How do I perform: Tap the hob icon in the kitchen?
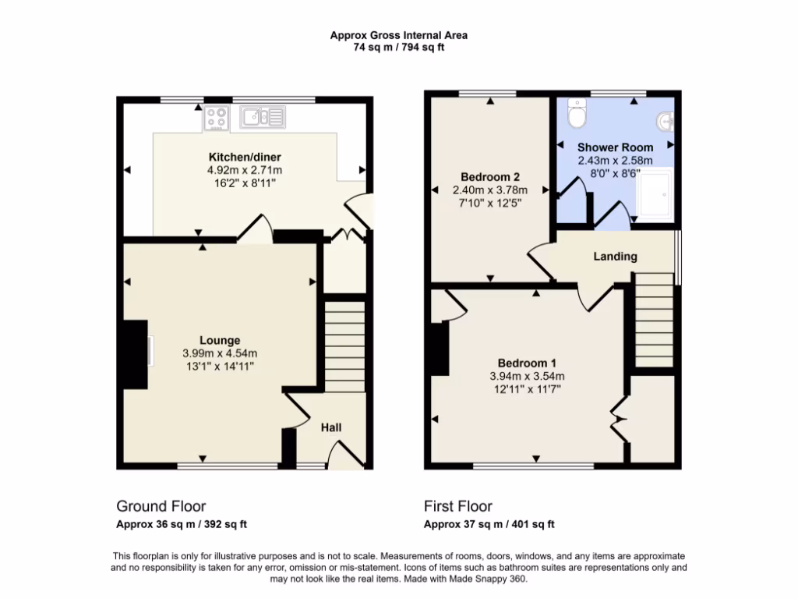click(217, 119)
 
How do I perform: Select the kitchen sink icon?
click(263, 117)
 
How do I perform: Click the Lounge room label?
click(220, 340)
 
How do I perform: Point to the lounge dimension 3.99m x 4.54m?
click(220, 353)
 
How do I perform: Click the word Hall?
click(331, 427)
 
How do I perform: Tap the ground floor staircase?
click(344, 343)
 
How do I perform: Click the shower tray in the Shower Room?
click(654, 193)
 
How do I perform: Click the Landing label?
click(616, 257)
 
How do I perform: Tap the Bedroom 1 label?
click(528, 363)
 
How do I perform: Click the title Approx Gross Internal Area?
click(398, 34)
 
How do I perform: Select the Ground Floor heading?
click(161, 506)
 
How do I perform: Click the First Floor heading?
click(458, 506)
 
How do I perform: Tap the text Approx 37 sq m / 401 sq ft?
click(489, 524)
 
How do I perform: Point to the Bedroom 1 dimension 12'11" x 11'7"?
click(528, 390)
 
